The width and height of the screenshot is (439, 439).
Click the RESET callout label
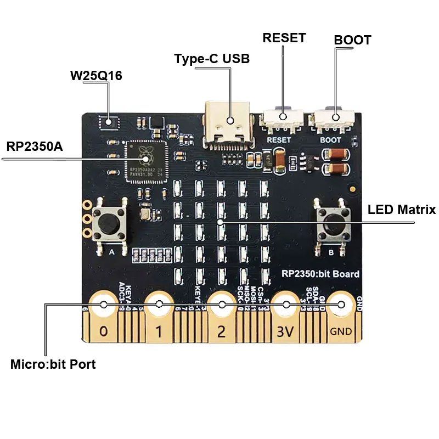click(284, 38)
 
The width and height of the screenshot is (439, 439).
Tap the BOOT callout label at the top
click(352, 40)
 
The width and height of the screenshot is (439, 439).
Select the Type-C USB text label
click(212, 58)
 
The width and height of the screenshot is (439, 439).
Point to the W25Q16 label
click(96, 76)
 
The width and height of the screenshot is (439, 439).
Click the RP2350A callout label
click(34, 147)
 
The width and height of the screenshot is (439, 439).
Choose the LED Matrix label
click(401, 209)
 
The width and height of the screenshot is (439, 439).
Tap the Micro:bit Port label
click(53, 364)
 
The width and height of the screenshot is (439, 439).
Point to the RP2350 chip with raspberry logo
click(145, 160)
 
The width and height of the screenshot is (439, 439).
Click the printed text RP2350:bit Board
click(320, 274)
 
